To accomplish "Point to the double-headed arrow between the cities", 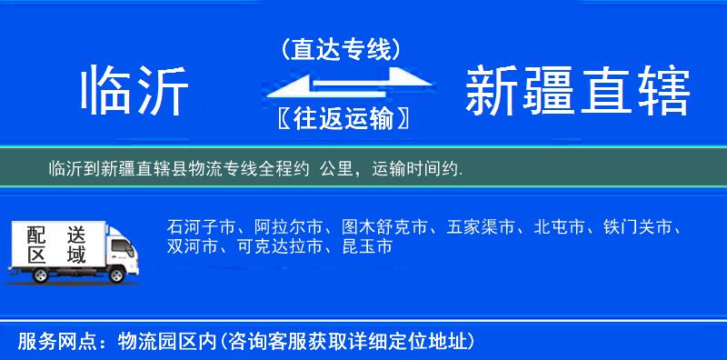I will [x=342, y=84].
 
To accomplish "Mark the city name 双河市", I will [x=193, y=246].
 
